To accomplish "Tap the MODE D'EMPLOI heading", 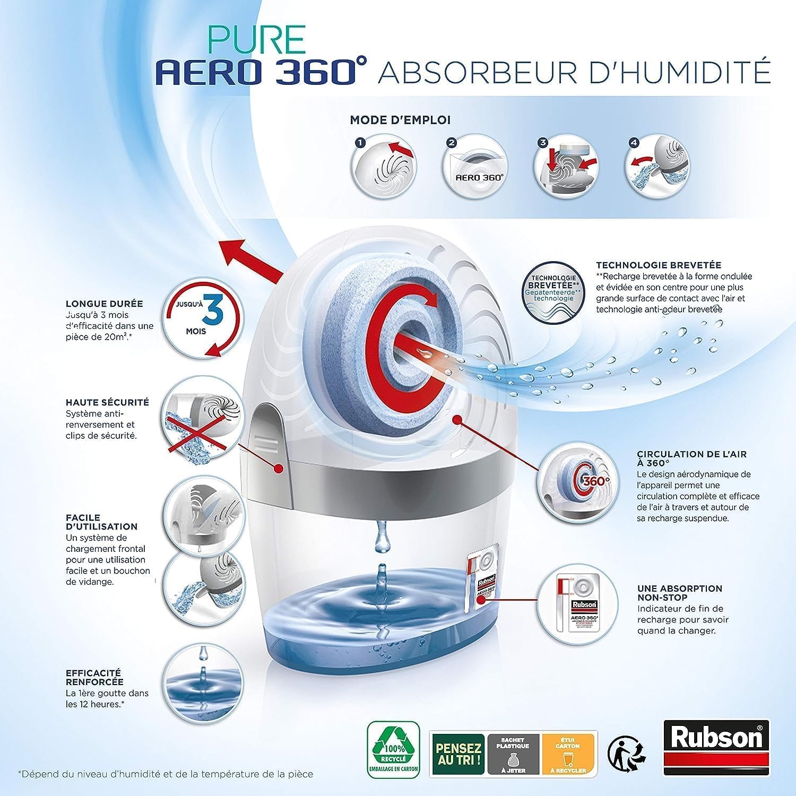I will pyautogui.click(x=400, y=120).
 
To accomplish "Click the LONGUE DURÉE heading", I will pyautogui.click(x=105, y=304).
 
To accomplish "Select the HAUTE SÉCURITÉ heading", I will pyautogui.click(x=107, y=403).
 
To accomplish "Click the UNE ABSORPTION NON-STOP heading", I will pyautogui.click(x=680, y=593).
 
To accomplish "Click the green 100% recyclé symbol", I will pyautogui.click(x=393, y=747).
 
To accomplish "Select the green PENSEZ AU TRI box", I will pyautogui.click(x=458, y=754).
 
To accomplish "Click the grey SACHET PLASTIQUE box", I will pyautogui.click(x=513, y=754).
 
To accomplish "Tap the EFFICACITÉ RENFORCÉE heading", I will pyautogui.click(x=94, y=677).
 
